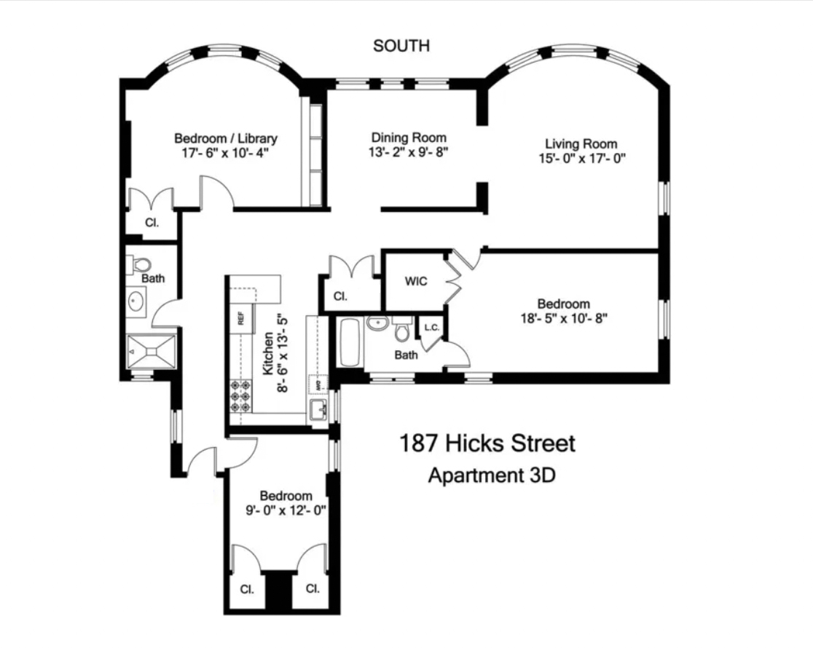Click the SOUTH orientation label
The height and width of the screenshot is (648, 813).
[401, 46]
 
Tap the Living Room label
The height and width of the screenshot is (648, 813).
[581, 144]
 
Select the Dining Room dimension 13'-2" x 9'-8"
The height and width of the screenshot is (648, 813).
[408, 153]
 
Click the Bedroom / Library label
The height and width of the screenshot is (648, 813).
[225, 138]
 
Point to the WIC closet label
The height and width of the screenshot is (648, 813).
[416, 281]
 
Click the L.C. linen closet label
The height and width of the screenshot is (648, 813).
[431, 328]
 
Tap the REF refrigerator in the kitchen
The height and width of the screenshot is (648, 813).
[240, 318]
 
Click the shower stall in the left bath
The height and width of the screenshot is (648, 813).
[152, 351]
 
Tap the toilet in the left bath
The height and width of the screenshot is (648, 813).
[141, 264]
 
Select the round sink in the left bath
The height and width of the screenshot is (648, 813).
[136, 299]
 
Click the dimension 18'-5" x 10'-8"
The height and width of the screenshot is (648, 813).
[563, 318]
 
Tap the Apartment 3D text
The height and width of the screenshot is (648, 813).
[492, 476]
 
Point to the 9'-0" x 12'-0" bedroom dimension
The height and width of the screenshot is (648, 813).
[286, 510]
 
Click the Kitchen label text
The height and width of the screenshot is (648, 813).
[268, 355]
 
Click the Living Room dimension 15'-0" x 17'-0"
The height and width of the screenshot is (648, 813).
[581, 158]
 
